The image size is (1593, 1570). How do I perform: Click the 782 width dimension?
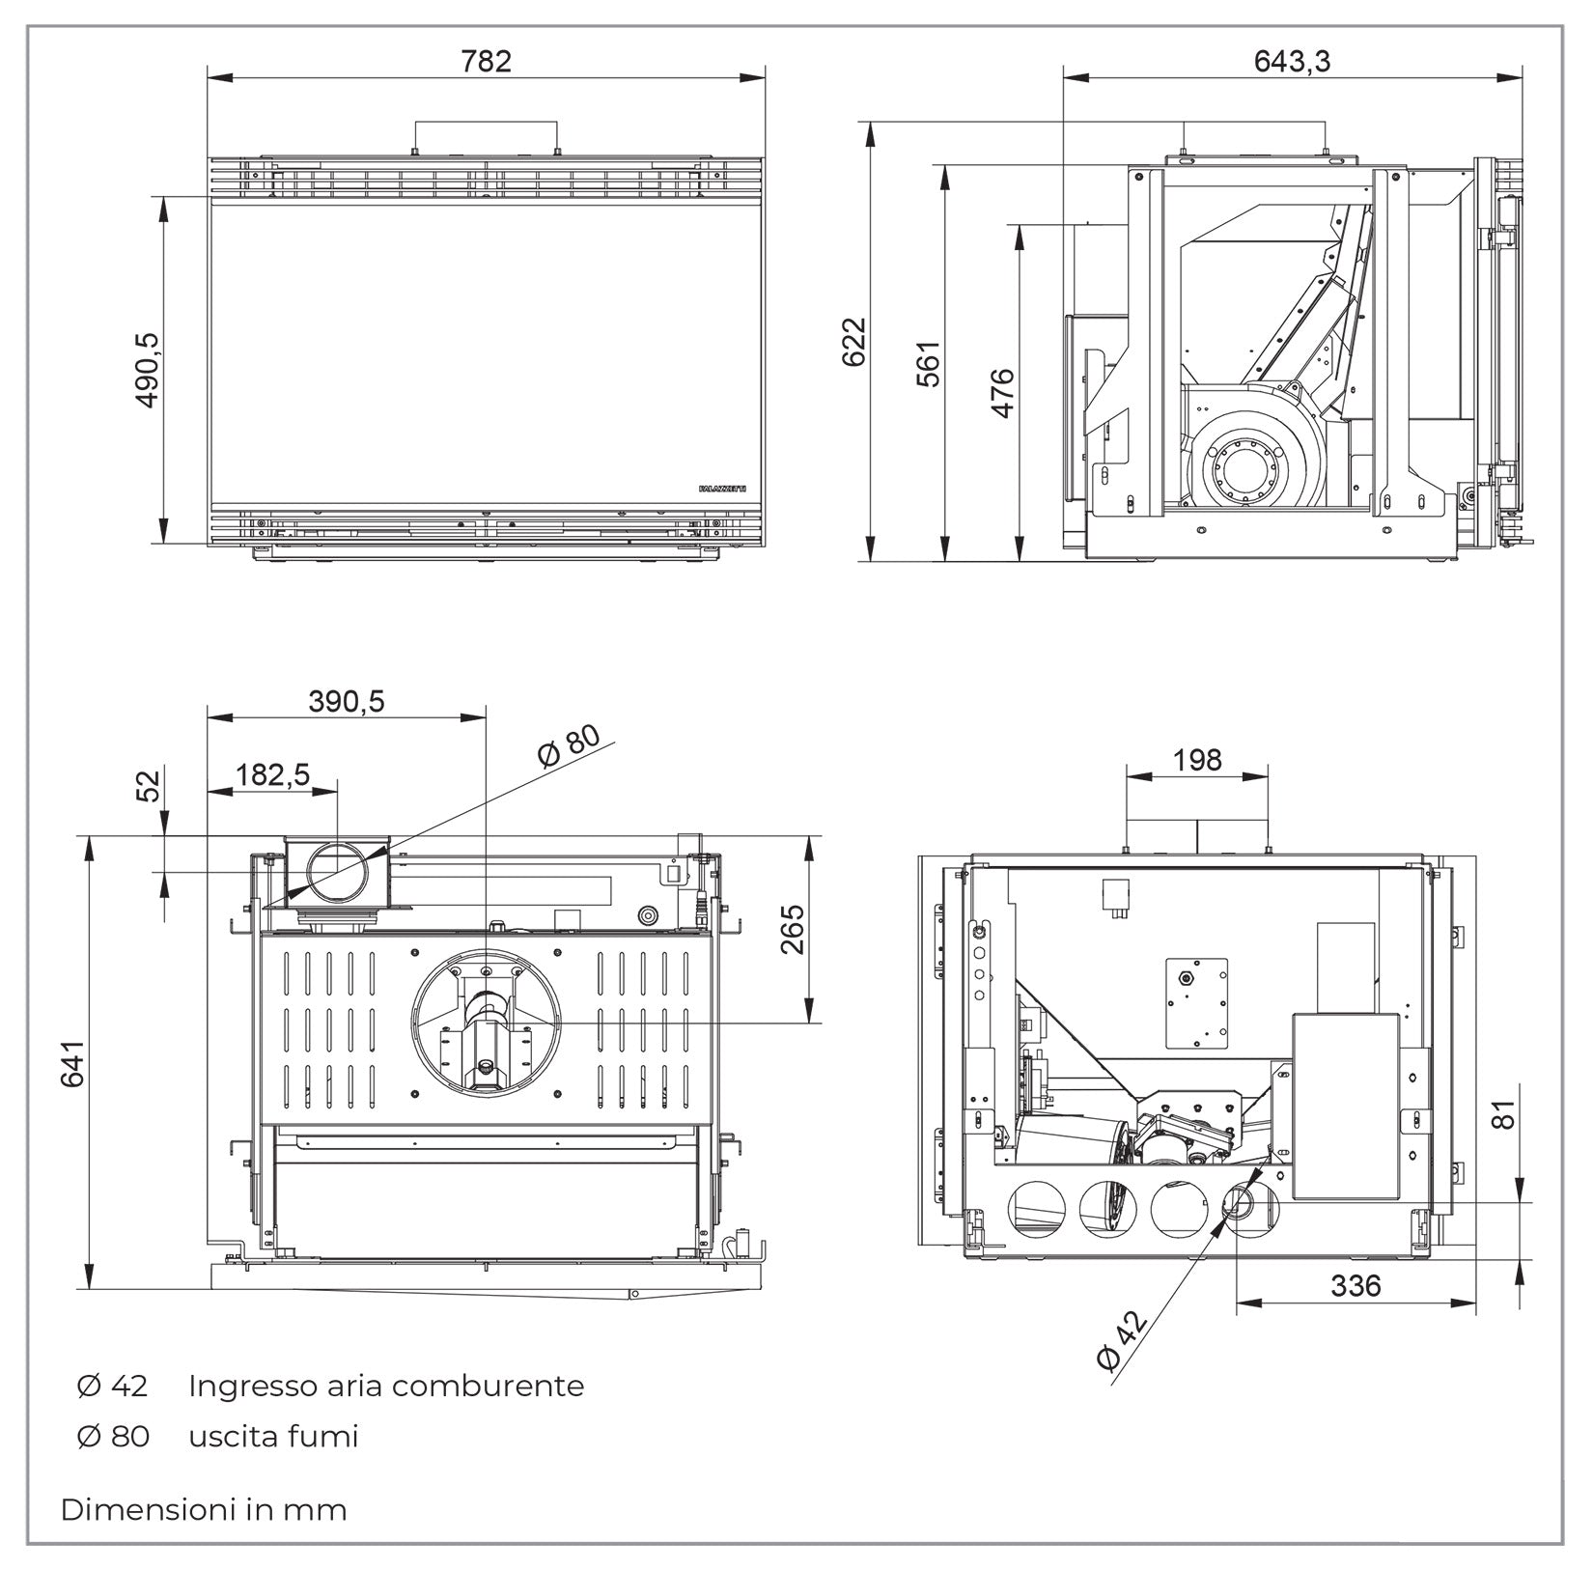pyautogui.click(x=486, y=62)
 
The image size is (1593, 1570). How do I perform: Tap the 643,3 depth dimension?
pyautogui.click(x=1292, y=62)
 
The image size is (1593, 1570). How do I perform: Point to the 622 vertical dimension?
pyautogui.click(x=854, y=342)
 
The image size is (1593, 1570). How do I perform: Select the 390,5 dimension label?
pyautogui.click(x=346, y=701)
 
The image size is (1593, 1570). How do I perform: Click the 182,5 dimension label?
pyautogui.click(x=272, y=774)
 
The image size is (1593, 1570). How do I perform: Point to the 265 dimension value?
pyautogui.click(x=793, y=929)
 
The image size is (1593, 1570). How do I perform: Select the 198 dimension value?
pyautogui.click(x=1197, y=760)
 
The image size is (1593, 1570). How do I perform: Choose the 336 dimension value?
pyautogui.click(x=1355, y=1286)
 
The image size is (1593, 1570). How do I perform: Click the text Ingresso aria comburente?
pyautogui.click(x=386, y=1386)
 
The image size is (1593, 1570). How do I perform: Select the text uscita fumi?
pyautogui.click(x=273, y=1436)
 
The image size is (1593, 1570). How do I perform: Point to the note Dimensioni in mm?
pyautogui.click(x=204, y=1509)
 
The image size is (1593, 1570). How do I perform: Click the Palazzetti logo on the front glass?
pyautogui.click(x=721, y=491)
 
